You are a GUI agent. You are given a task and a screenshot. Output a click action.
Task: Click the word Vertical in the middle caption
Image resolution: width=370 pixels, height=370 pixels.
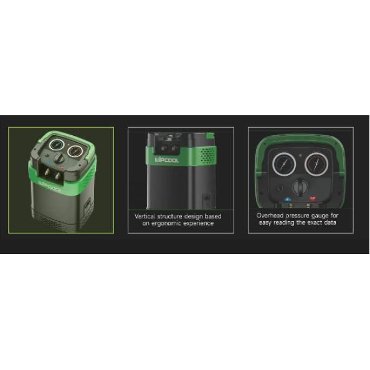pos(145,216)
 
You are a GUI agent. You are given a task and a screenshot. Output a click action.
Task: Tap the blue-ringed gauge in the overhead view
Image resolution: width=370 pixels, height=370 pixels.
pos(284,164)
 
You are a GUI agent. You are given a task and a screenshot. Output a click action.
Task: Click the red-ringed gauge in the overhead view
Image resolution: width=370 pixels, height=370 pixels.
pos(316,164)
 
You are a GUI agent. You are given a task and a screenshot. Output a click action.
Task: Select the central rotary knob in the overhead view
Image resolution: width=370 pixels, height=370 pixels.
pos(300,187)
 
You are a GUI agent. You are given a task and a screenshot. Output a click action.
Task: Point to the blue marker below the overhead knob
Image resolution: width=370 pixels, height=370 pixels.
pos(287,199)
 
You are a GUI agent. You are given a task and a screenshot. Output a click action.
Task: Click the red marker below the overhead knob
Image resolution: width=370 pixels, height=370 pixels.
pos(313,199)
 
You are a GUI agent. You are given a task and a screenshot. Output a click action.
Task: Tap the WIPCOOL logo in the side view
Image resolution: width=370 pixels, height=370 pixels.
pos(166,160)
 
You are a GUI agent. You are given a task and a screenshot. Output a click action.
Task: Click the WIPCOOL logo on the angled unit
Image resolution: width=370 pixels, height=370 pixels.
pos(50,186)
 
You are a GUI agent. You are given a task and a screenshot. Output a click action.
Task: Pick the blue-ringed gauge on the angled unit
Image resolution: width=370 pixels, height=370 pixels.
pos(57,145)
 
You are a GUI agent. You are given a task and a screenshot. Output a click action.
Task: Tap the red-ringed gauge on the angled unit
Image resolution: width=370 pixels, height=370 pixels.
pos(75,151)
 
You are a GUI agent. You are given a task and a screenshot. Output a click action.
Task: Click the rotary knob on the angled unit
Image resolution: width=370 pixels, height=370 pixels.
pos(59,158)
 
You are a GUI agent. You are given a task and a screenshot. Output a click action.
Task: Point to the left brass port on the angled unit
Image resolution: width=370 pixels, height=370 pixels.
pos(47,171)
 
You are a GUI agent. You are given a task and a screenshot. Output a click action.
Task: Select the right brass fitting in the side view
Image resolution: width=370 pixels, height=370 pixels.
pos(174,148)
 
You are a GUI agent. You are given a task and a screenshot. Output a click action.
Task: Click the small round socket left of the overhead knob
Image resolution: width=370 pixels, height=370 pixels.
pos(280,188)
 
